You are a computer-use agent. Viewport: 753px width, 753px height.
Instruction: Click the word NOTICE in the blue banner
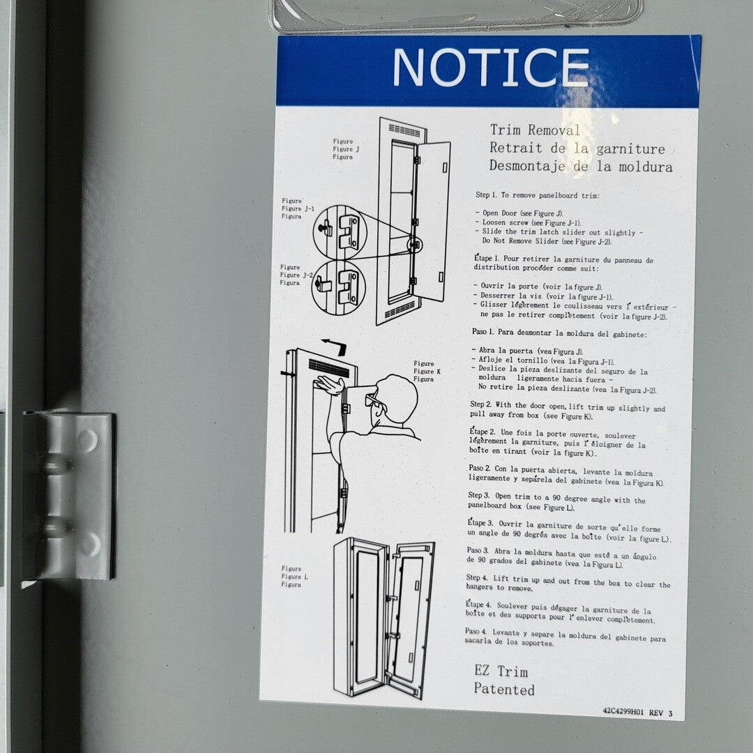pyautogui.click(x=491, y=67)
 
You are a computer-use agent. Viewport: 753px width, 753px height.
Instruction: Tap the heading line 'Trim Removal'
pyautogui.click(x=535, y=130)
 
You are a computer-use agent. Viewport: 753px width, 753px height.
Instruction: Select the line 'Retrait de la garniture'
pyautogui.click(x=577, y=148)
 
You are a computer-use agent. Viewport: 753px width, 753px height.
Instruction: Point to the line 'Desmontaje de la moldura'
pyautogui.click(x=581, y=166)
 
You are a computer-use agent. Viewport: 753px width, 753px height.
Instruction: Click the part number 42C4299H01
pyautogui.click(x=623, y=712)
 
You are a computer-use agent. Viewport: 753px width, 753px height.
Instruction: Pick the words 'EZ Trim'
pyautogui.click(x=501, y=671)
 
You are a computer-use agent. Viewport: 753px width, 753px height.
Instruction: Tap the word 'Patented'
pyautogui.click(x=504, y=689)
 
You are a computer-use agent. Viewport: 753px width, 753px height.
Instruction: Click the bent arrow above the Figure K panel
pyautogui.click(x=335, y=345)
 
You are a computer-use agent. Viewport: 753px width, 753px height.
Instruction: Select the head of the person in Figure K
pyautogui.click(x=397, y=399)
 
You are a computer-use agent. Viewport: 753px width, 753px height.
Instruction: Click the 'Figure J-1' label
pyautogui.click(x=298, y=208)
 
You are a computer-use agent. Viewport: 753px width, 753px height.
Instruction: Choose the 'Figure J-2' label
pyautogui.click(x=296, y=275)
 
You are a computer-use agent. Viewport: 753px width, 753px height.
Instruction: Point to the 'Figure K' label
pyautogui.click(x=427, y=371)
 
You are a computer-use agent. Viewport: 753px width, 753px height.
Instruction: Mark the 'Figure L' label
pyautogui.click(x=294, y=577)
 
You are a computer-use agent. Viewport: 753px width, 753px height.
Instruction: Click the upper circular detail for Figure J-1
pyautogui.click(x=340, y=232)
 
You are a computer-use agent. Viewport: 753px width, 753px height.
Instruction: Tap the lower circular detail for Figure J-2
pyautogui.click(x=339, y=288)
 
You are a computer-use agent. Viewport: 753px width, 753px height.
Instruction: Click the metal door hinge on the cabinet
pyautogui.click(x=68, y=496)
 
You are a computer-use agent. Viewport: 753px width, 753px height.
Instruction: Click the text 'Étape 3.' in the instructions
pyautogui.click(x=480, y=522)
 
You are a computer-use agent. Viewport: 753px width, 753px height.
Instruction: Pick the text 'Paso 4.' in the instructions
pyautogui.click(x=476, y=631)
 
